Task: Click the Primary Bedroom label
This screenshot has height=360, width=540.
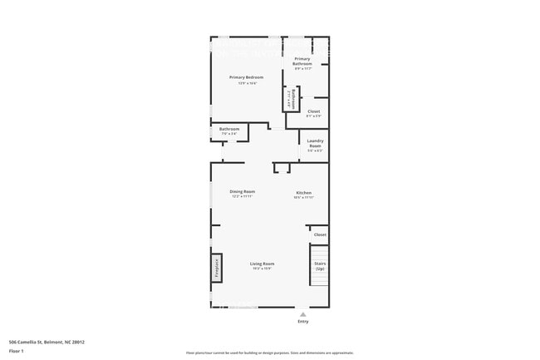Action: pyautogui.click(x=246, y=77)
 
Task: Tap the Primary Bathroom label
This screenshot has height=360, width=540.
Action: pyautogui.click(x=302, y=61)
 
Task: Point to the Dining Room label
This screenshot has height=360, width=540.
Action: pyautogui.click(x=243, y=191)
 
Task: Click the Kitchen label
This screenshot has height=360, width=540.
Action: pyautogui.click(x=303, y=192)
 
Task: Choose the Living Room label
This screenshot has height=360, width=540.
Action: pyautogui.click(x=262, y=264)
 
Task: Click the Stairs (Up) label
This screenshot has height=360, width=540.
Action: pyautogui.click(x=320, y=266)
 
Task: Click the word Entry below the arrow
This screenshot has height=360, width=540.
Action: pyautogui.click(x=302, y=322)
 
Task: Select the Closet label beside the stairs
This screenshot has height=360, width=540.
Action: pyautogui.click(x=320, y=235)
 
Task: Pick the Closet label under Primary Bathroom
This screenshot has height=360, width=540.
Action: pyautogui.click(x=313, y=111)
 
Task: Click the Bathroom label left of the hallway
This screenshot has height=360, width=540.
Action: pyautogui.click(x=229, y=129)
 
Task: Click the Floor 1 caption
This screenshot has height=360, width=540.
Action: pyautogui.click(x=17, y=351)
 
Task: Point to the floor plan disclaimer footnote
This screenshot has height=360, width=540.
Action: pyautogui.click(x=269, y=353)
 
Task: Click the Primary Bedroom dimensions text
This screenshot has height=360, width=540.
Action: pyautogui.click(x=246, y=83)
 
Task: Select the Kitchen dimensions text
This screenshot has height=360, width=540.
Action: pyautogui.click(x=303, y=198)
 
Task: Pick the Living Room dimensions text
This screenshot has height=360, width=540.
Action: pyautogui.click(x=262, y=269)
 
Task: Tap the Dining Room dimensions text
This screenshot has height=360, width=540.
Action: pyautogui.click(x=243, y=197)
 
